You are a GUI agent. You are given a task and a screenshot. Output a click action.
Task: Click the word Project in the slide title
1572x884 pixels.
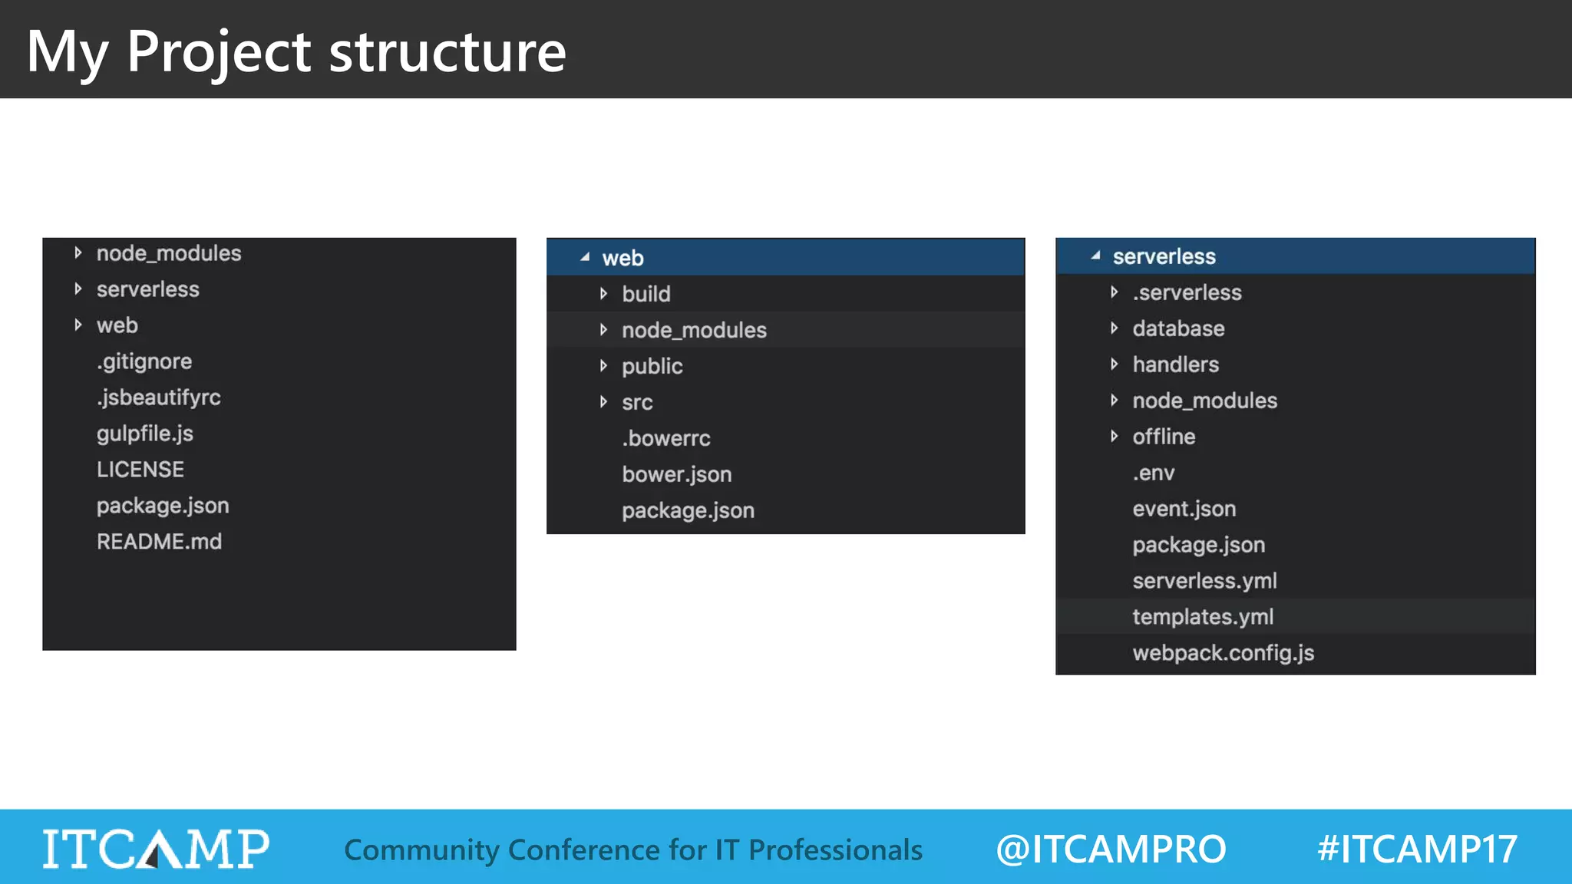pyautogui.click(x=219, y=52)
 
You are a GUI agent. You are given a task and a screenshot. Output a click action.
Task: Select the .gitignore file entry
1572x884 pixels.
pyautogui.click(x=144, y=361)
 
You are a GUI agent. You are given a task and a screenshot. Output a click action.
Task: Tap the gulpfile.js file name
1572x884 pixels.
pyautogui.click(x=145, y=434)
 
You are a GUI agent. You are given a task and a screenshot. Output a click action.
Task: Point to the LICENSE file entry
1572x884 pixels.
pyautogui.click(x=140, y=470)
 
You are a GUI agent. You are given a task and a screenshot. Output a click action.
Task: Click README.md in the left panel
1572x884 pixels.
pyautogui.click(x=159, y=542)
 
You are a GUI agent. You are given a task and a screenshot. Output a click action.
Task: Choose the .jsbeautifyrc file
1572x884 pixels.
pyautogui.click(x=159, y=397)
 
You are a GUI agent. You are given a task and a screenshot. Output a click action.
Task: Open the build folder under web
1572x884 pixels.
pyautogui.click(x=646, y=294)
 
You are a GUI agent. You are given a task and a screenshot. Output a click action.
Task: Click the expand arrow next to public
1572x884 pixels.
pyautogui.click(x=604, y=366)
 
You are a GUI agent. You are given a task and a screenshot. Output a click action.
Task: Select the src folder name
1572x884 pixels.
pyautogui.click(x=637, y=402)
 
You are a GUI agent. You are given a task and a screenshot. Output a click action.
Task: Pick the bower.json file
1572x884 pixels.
pyautogui.click(x=676, y=474)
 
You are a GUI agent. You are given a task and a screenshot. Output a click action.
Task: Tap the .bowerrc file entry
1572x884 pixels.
pyautogui.click(x=666, y=438)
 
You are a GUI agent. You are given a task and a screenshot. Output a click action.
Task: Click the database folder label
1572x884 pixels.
pyautogui.click(x=1178, y=328)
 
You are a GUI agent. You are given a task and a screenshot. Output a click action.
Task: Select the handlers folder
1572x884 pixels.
pyautogui.click(x=1175, y=364)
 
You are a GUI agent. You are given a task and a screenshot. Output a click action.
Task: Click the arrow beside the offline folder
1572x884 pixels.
pyautogui.click(x=1115, y=437)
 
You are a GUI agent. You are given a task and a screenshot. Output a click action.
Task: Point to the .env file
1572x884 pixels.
pyautogui.click(x=1154, y=473)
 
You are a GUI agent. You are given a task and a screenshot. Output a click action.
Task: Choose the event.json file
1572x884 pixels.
pyautogui.click(x=1184, y=509)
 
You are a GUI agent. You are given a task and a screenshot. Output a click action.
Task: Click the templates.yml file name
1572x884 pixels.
pyautogui.click(x=1203, y=617)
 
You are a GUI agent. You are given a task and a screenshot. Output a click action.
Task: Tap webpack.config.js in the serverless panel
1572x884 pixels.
pyautogui.click(x=1223, y=653)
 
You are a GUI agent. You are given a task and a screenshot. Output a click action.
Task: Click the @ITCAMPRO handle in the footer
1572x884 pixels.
pyautogui.click(x=1111, y=849)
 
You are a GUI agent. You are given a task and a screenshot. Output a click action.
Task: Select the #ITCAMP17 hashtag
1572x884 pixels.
pyautogui.click(x=1417, y=849)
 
